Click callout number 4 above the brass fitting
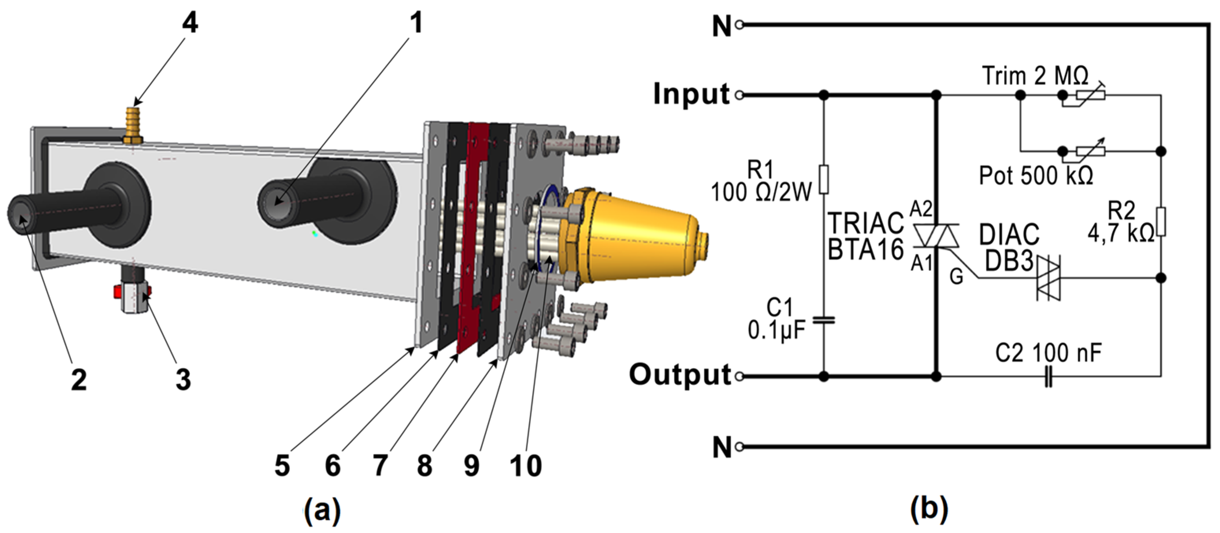[x=190, y=22]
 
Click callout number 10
[x=526, y=466]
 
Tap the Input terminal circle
[x=739, y=95]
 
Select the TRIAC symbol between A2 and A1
[x=936, y=236]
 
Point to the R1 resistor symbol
[x=824, y=180]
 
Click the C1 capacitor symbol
[x=824, y=320]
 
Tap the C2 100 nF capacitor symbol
[x=1049, y=377]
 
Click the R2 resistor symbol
[x=1161, y=222]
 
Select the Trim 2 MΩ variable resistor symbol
[x=1090, y=95]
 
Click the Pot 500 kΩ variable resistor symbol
[x=1090, y=151]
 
